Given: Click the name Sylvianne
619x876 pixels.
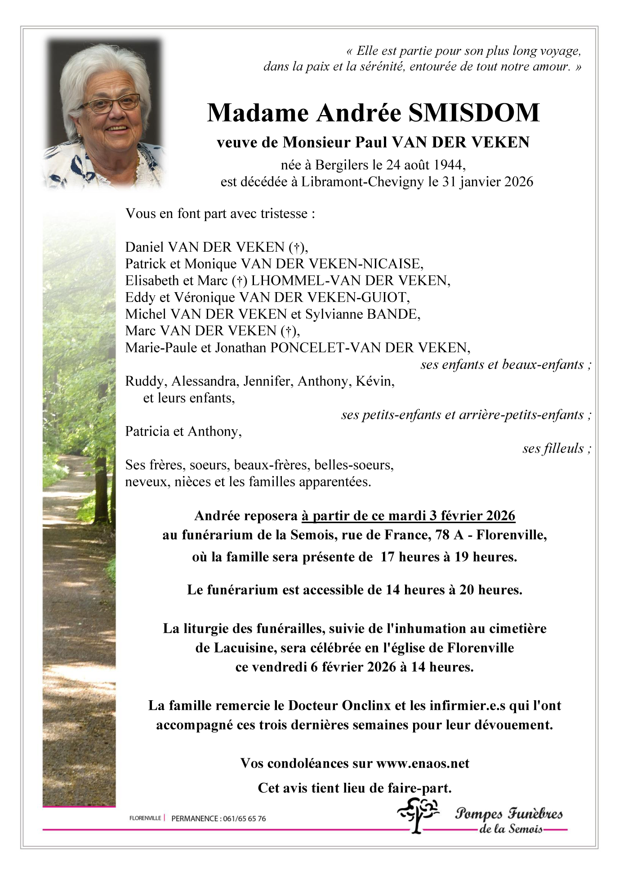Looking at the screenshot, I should click(334, 314).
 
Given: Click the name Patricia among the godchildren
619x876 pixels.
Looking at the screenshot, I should click(147, 431).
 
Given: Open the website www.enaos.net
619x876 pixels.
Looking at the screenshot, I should click(423, 763).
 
